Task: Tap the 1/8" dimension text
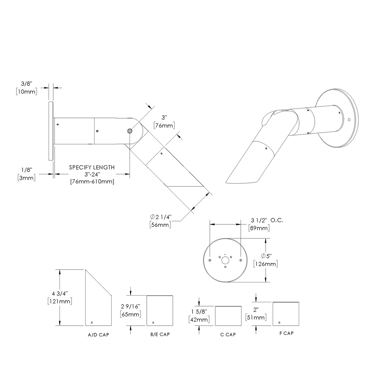tap(27, 170)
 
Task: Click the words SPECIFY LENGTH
tap(92, 167)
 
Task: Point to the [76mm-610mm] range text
tap(92, 182)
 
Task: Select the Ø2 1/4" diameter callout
tap(161, 217)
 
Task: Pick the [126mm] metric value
tap(265, 264)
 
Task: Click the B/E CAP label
tap(159, 335)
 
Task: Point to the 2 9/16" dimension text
tap(131, 306)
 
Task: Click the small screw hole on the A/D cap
tap(91, 322)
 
